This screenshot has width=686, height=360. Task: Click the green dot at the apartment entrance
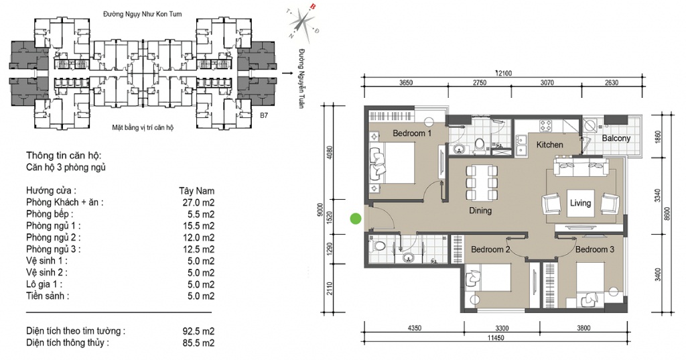356,219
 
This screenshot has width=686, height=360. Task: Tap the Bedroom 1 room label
412,133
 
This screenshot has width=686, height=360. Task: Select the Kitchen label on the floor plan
549,145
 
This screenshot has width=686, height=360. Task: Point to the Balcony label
616,138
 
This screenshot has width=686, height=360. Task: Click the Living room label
580,203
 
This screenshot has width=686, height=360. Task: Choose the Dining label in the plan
480,211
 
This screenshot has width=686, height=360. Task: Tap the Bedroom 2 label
490,249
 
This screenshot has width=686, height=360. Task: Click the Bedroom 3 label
595,249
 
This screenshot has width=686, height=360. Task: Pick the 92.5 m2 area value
198,331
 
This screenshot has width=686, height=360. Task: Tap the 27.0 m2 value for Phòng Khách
198,202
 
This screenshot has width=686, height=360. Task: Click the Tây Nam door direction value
196,191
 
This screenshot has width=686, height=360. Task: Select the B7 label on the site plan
264,116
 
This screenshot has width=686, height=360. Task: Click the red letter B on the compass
313,6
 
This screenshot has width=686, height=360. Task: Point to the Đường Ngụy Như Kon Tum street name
143,14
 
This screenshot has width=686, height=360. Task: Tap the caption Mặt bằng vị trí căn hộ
143,128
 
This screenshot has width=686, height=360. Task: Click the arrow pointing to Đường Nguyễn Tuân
288,73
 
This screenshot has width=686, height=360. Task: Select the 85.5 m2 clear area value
198,343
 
